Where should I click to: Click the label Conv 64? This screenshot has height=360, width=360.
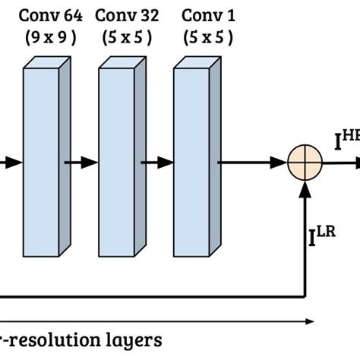tap(50, 15)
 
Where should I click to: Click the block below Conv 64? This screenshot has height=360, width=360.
tap(46, 161)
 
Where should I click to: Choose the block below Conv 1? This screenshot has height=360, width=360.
tap(196, 161)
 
